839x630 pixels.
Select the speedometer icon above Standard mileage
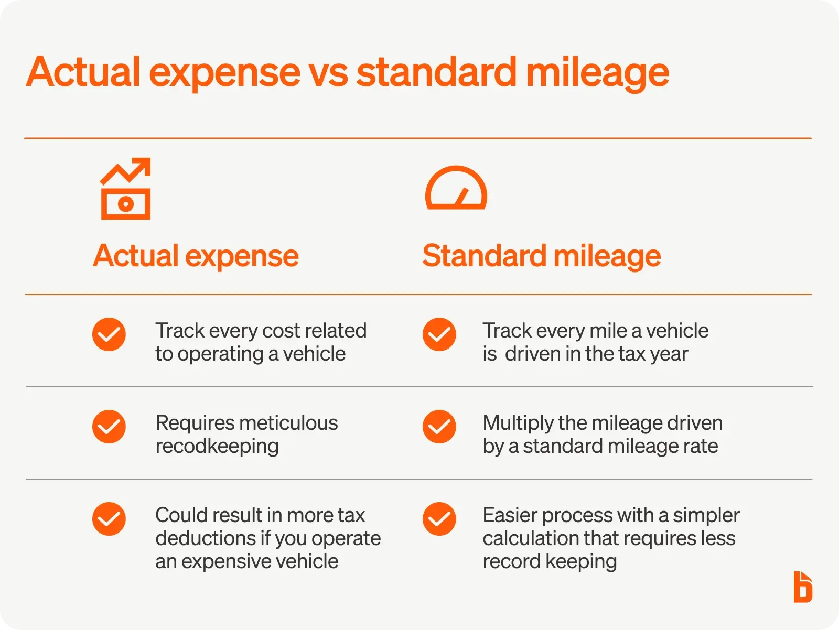(x=456, y=188)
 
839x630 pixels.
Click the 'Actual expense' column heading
(x=196, y=256)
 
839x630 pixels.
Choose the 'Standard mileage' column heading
(x=541, y=256)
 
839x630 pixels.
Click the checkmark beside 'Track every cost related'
(x=109, y=334)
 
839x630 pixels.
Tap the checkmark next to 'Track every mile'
(x=439, y=334)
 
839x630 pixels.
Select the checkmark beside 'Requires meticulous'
(x=109, y=427)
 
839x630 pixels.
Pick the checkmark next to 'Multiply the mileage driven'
(x=439, y=427)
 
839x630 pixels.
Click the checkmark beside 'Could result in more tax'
(x=109, y=519)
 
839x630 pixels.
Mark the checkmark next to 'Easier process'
(x=439, y=519)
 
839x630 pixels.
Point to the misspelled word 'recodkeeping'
(x=217, y=447)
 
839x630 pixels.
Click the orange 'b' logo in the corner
(x=803, y=587)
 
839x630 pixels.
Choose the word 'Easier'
(x=510, y=515)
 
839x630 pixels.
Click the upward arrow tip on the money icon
(x=145, y=164)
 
